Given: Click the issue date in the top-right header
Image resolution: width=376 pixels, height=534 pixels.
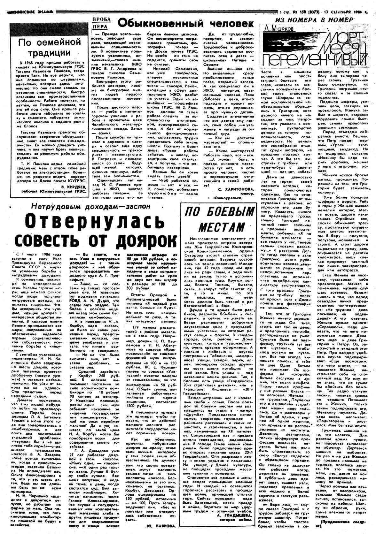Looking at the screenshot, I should click(352, 12).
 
